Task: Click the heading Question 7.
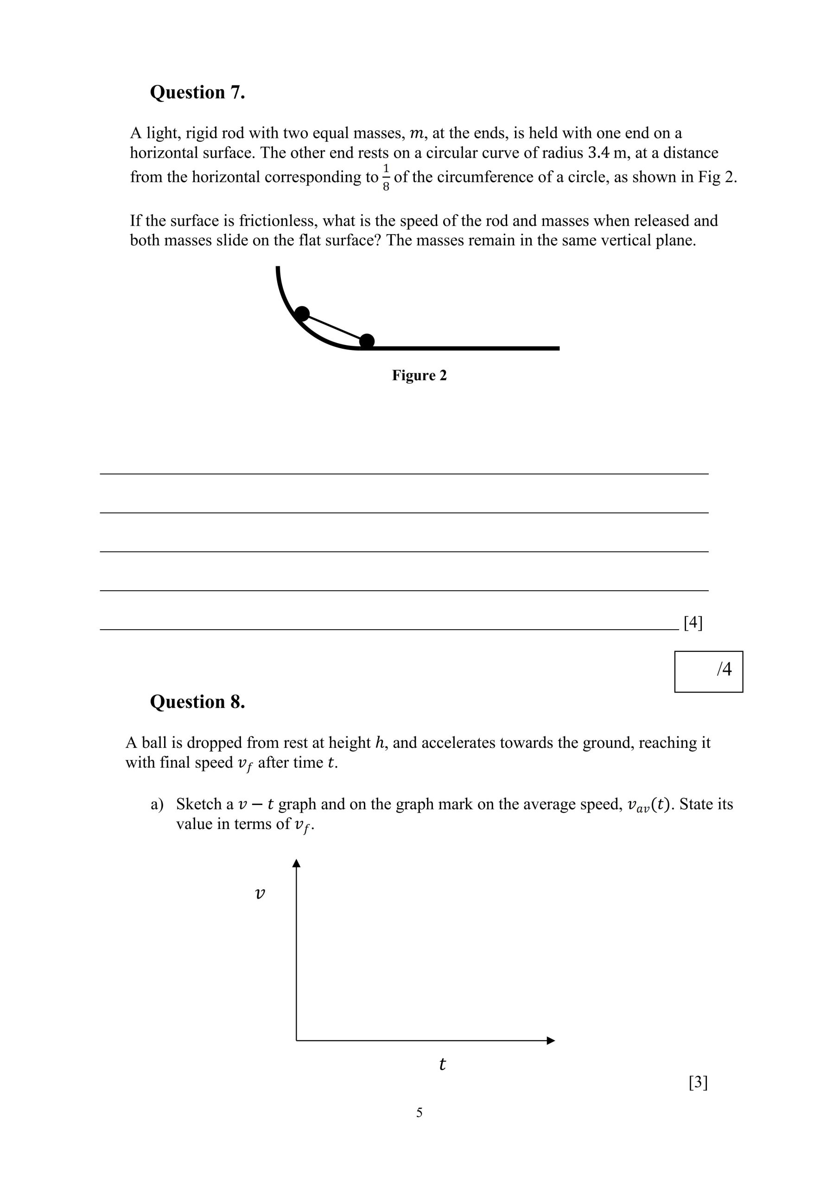[197, 93]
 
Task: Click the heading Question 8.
[197, 702]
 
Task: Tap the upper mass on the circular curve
[302, 314]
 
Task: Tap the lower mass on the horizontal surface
[367, 341]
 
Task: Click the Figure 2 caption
[419, 375]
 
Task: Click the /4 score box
[708, 671]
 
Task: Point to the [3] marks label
[698, 1082]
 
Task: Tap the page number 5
[419, 1112]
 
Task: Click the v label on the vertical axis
[261, 893]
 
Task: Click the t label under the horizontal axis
[442, 1064]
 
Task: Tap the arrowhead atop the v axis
[296, 863]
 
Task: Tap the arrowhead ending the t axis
[551, 1040]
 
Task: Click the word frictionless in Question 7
[280, 221]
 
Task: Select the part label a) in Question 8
[157, 804]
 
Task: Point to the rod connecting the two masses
[334, 327]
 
